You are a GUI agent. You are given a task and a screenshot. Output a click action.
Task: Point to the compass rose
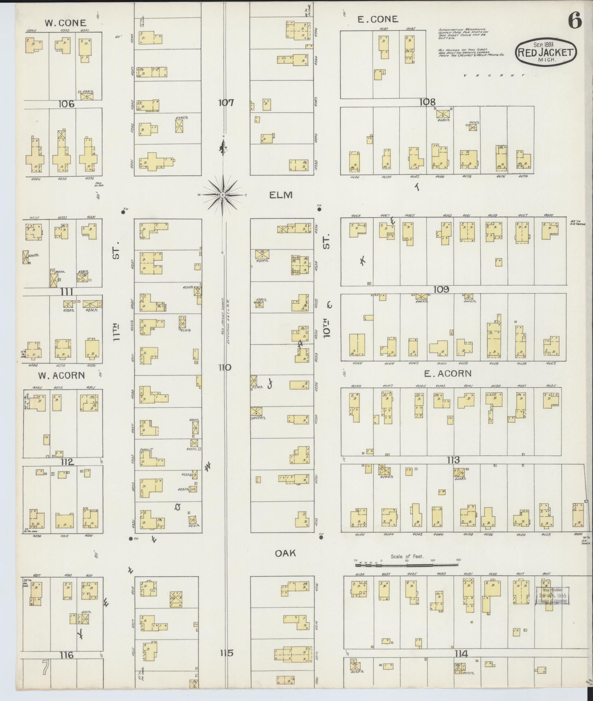[222, 195]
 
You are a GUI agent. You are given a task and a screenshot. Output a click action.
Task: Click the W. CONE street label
[65, 23]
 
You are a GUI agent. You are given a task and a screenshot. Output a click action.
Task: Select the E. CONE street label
[378, 19]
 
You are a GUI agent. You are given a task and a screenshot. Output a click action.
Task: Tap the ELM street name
[281, 195]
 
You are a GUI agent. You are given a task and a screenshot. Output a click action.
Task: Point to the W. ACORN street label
[61, 375]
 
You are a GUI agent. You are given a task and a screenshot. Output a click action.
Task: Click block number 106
[66, 104]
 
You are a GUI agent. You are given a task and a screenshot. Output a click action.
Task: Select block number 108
[427, 102]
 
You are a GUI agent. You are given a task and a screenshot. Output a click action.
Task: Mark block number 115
[226, 653]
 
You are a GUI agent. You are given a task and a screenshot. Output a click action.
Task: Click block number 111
[67, 292]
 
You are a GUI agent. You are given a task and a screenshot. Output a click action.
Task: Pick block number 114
[461, 654]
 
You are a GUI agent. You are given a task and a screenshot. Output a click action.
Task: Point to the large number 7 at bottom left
[45, 668]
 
